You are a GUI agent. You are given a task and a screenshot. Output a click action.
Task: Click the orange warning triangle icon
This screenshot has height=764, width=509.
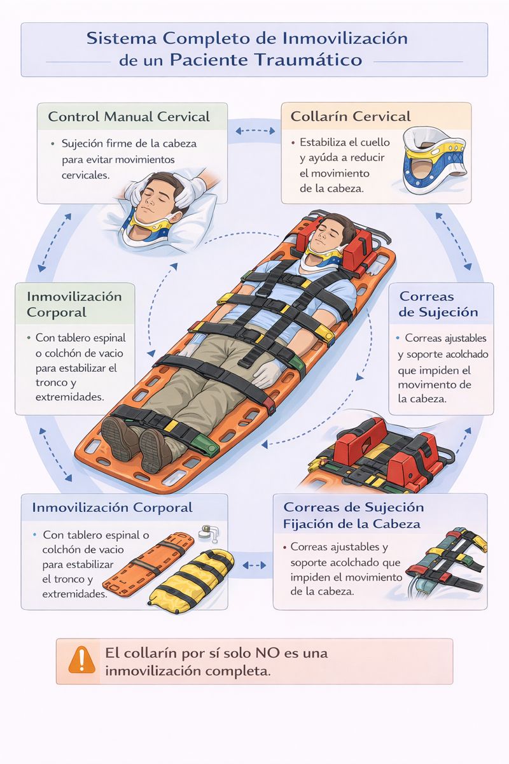pos(81,660)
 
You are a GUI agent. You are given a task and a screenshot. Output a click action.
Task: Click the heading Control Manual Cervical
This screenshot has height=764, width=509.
pos(129,117)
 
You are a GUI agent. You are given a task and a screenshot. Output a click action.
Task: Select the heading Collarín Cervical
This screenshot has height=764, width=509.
pos(351,117)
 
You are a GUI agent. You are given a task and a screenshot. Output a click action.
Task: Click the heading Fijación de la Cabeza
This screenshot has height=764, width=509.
pos(351,523)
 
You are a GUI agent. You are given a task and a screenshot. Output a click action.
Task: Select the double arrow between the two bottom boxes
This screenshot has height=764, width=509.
pos(254,565)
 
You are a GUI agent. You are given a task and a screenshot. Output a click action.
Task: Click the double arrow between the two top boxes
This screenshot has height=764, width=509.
pos(255,131)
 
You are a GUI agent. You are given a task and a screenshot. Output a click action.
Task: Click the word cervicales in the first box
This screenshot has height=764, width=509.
pos(85,175)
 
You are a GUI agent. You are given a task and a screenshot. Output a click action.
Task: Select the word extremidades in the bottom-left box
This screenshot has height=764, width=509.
pos(75,594)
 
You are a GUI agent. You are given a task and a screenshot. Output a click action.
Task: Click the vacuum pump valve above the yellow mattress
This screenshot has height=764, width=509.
pos(209,533)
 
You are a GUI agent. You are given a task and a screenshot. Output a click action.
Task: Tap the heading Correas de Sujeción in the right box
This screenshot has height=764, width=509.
pos(438,304)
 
